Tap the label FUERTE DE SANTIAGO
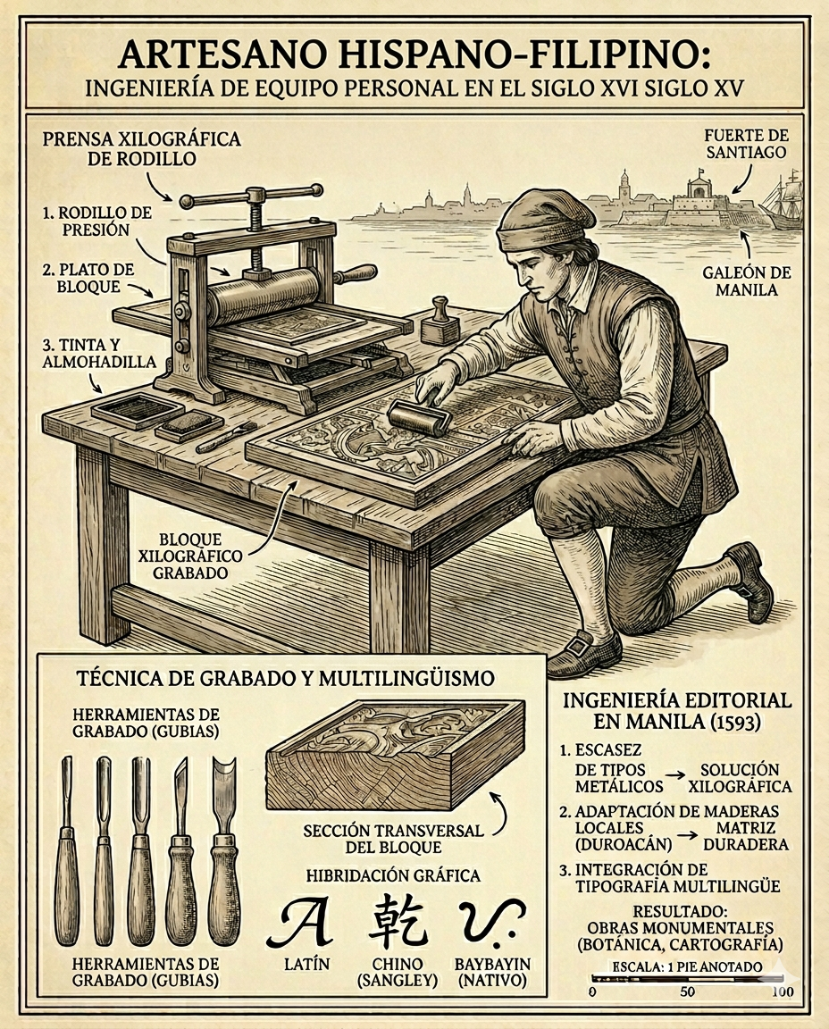745,144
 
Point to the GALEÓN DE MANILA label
746,280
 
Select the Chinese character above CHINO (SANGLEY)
398,921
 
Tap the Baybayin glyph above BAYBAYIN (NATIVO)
490,920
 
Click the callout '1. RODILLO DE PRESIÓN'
96,222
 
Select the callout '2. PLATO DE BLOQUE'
88,279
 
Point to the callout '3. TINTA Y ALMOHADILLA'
99,353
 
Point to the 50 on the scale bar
687,991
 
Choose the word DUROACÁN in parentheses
624,844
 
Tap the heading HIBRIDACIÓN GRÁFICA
393,875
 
